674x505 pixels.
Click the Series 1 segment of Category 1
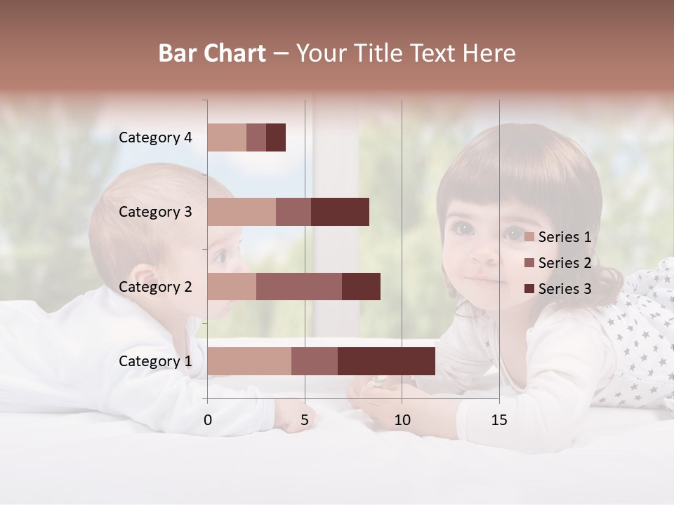(x=249, y=361)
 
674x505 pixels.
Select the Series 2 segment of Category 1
(x=314, y=361)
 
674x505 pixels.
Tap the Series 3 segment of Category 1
(x=386, y=361)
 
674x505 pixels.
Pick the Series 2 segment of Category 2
(x=298, y=286)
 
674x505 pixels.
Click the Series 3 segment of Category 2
(x=361, y=286)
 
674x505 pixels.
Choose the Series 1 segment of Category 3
(x=242, y=212)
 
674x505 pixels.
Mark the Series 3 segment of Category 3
(x=340, y=212)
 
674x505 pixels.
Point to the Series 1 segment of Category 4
(x=227, y=137)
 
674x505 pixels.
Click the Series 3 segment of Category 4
(x=276, y=137)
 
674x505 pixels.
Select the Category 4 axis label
(x=155, y=137)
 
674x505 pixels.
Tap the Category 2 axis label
(x=155, y=287)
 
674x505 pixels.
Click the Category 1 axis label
(x=155, y=361)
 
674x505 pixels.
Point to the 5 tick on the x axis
(x=305, y=420)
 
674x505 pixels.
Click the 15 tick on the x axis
(x=498, y=420)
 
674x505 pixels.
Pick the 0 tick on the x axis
(x=208, y=420)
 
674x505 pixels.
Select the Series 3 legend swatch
(x=529, y=289)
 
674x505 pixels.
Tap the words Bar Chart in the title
(x=212, y=53)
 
